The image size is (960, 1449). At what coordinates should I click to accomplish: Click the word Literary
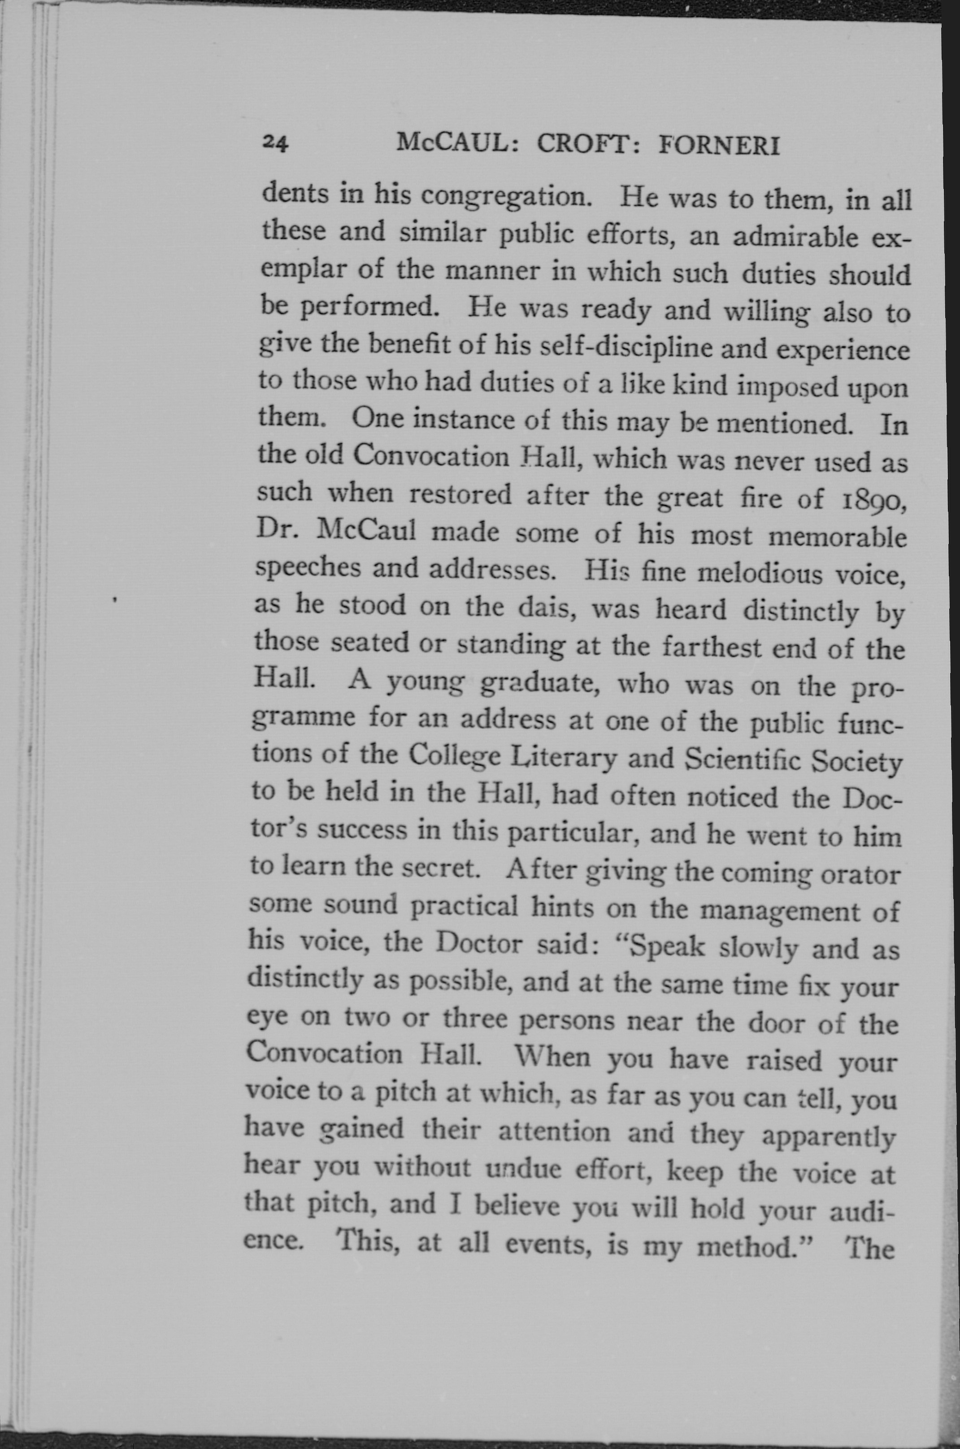click(x=563, y=757)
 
